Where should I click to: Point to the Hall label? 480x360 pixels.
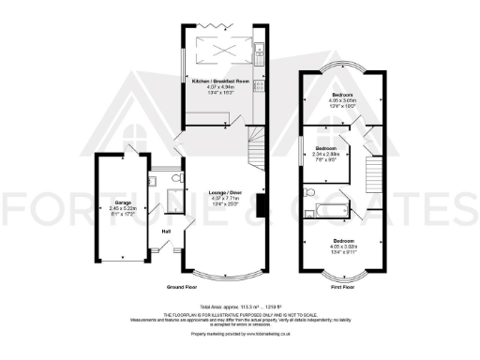(166, 231)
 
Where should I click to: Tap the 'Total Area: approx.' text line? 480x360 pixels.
(240, 307)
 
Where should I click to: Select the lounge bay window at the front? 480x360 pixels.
(224, 277)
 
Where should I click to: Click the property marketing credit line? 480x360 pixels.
(240, 333)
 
